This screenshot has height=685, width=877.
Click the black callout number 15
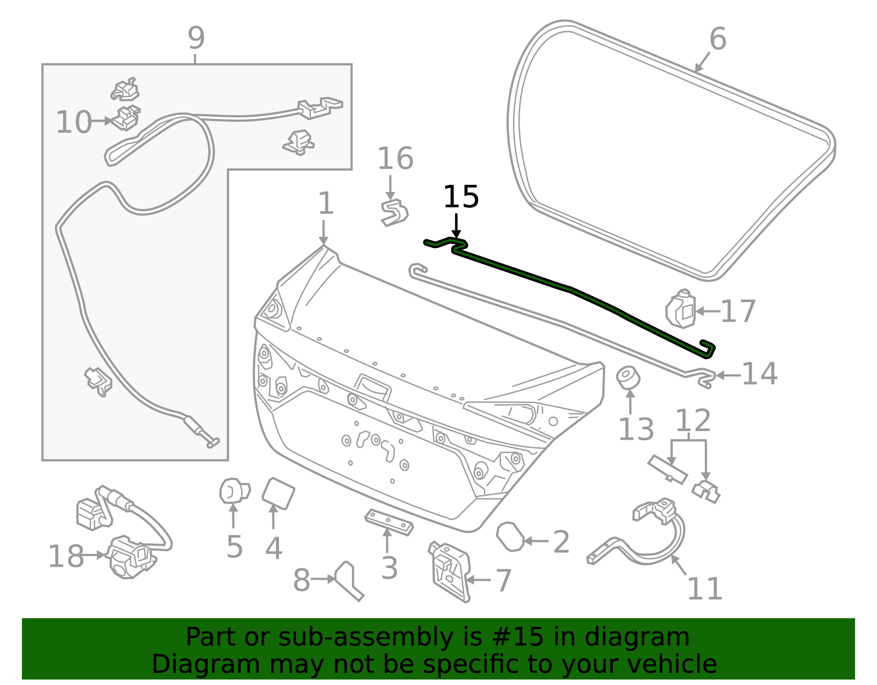(460, 197)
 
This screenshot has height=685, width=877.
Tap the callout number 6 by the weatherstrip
(717, 39)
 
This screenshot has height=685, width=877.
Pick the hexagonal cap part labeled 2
(510, 536)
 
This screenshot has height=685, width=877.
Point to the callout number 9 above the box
(196, 38)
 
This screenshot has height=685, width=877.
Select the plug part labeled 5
(234, 491)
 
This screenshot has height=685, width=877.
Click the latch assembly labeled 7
(449, 570)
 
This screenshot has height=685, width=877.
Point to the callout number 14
(759, 374)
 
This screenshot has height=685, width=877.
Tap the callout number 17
(738, 312)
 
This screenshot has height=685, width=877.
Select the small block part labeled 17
(681, 309)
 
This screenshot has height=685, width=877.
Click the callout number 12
(693, 421)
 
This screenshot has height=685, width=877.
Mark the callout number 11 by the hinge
(704, 589)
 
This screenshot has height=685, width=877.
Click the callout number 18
(66, 556)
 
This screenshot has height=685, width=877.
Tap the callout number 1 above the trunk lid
(326, 203)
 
